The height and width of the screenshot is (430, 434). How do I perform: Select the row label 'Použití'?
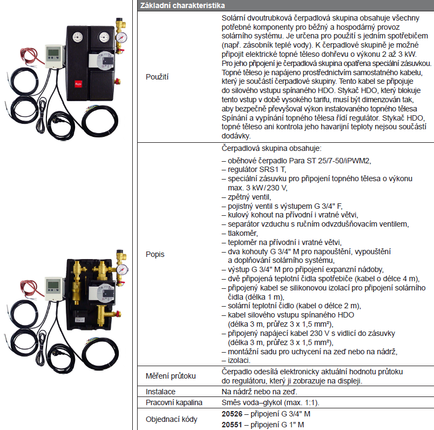point(157,77)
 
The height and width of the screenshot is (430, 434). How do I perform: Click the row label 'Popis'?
point(155,254)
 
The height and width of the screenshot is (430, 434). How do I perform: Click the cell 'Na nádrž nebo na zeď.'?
point(259,391)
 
